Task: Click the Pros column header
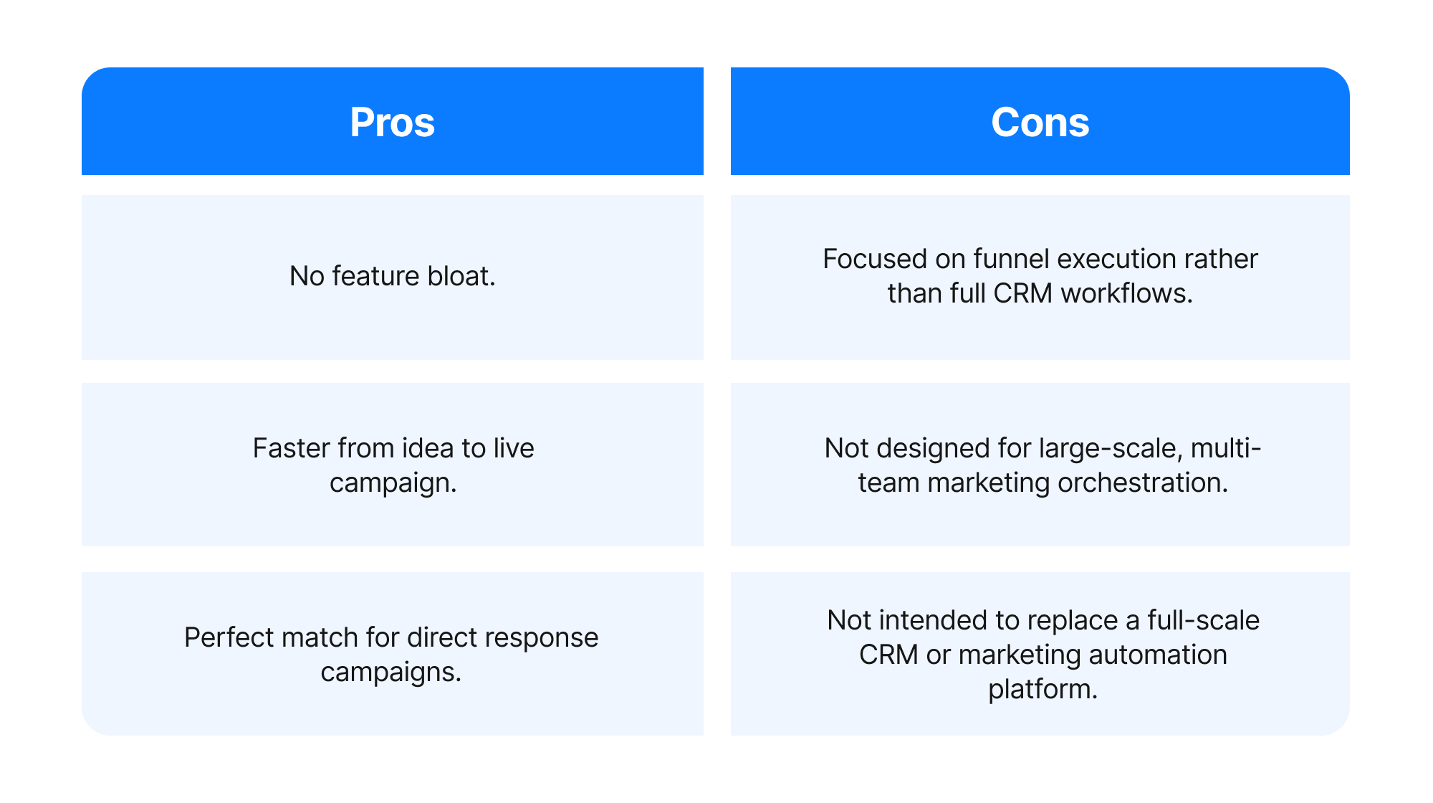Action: click(x=392, y=122)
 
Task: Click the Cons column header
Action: click(x=1040, y=122)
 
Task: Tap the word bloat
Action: click(x=461, y=276)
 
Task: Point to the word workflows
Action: click(x=1126, y=293)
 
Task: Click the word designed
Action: click(x=932, y=448)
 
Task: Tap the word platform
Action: click(x=1043, y=690)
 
